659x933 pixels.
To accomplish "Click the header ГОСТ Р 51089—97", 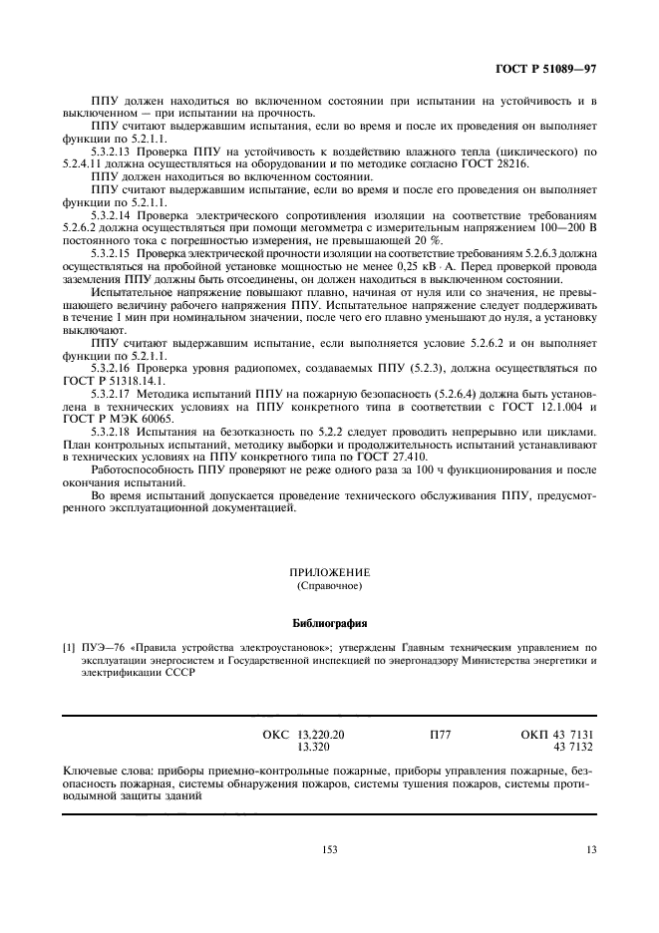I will [x=552, y=71].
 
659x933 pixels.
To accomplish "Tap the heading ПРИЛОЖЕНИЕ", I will [x=329, y=572].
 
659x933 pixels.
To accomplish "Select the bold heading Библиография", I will [x=329, y=624].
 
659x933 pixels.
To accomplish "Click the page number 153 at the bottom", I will [x=329, y=850].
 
